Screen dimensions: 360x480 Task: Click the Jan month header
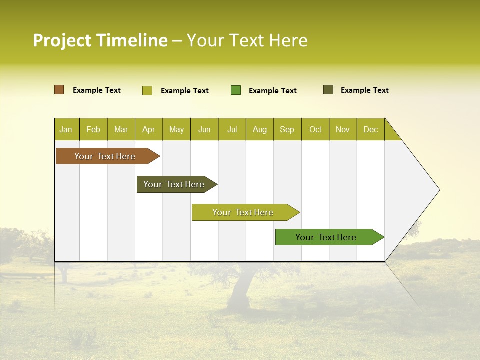[x=66, y=130]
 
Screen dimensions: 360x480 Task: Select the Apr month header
[x=148, y=130]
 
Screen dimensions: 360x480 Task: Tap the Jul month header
[x=232, y=130]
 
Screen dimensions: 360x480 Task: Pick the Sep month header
[x=287, y=130]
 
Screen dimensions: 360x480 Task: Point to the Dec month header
[x=370, y=130]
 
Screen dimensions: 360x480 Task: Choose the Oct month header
[x=315, y=130]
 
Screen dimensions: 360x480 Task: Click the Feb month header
[x=93, y=130]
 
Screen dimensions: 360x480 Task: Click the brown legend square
[x=59, y=90]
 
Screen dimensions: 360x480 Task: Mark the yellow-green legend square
[x=147, y=90]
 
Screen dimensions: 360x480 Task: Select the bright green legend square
[x=236, y=90]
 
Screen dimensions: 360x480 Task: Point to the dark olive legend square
[x=328, y=90]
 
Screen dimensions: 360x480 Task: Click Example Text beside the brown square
[x=97, y=90]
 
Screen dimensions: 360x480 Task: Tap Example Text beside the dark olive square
[x=364, y=90]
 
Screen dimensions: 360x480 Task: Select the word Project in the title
[x=62, y=40]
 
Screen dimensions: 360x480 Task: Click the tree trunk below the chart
[x=240, y=290]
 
